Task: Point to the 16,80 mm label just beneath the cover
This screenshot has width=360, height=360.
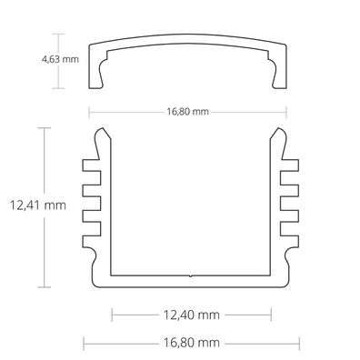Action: pos(188,113)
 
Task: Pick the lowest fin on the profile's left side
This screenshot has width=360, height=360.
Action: pos(88,243)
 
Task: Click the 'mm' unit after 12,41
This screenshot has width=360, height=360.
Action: pos(56,205)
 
